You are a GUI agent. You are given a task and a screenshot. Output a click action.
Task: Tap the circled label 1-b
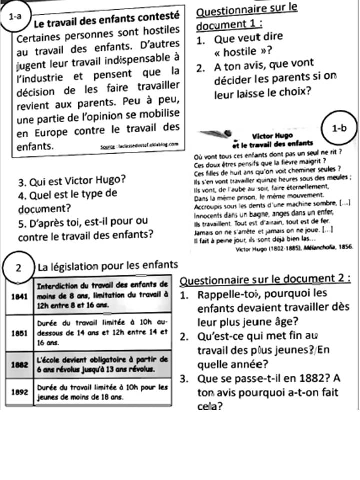(x=339, y=128)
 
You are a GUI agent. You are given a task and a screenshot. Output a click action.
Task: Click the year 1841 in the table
(x=18, y=295)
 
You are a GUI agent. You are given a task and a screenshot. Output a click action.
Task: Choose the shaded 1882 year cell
(x=18, y=365)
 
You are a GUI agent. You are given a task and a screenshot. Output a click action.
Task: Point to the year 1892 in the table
(x=18, y=392)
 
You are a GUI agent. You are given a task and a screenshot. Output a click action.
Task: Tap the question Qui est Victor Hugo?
(x=71, y=181)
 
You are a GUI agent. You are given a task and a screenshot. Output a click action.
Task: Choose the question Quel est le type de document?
(x=67, y=200)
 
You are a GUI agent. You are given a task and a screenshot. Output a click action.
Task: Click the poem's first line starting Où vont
(x=267, y=152)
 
